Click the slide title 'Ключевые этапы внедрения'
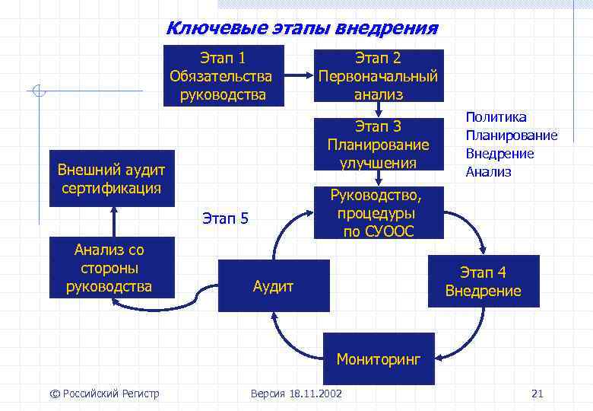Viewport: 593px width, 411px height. pos(302,29)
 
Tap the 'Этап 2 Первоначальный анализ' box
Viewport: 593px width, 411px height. pos(378,76)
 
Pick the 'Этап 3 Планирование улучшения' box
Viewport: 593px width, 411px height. pos(378,145)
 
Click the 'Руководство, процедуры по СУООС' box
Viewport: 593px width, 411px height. pos(378,213)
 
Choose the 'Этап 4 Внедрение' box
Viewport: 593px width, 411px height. pos(483,282)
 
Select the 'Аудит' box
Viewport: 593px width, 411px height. pos(274,286)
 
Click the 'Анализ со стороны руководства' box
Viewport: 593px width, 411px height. pos(110,268)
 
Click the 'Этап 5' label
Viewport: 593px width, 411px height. pos(225,219)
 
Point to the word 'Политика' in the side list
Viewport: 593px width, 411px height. pos(496,117)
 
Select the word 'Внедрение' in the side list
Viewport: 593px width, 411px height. pos(499,154)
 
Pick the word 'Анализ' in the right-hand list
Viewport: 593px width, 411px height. pos(488,172)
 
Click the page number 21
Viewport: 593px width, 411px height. pos(538,393)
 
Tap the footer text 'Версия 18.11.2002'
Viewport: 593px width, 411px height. pos(296,393)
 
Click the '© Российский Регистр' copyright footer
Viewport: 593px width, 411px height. pos(104,393)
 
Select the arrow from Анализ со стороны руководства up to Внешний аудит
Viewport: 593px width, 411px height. pos(115,221)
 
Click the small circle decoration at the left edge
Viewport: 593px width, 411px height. pos(40,91)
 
